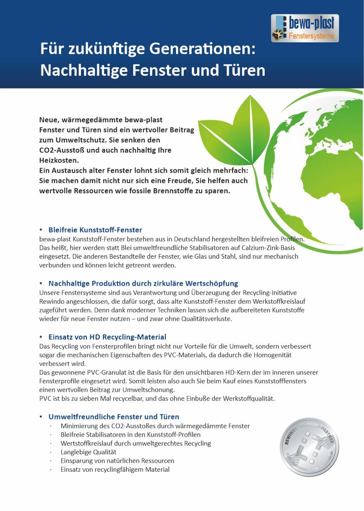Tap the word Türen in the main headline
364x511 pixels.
pyautogui.click(x=244, y=70)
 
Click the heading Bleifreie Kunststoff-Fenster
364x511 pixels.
pyautogui.click(x=95, y=230)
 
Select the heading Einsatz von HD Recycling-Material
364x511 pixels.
pyautogui.click(x=107, y=337)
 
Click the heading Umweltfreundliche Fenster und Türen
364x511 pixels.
pyautogui.click(x=113, y=416)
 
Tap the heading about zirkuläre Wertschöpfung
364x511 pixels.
pyautogui.click(x=143, y=284)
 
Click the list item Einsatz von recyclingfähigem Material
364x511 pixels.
pyautogui.click(x=115, y=470)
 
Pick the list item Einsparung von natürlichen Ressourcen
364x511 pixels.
pyautogui.click(x=117, y=461)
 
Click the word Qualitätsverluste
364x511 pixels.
pyautogui.click(x=206, y=319)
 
